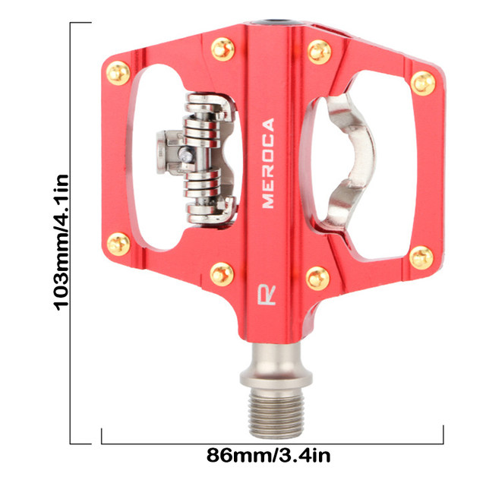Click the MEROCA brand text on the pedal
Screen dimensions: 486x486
click(x=268, y=163)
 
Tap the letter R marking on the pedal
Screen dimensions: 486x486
click(x=267, y=294)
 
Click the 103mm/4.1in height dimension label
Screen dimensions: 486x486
click(x=61, y=242)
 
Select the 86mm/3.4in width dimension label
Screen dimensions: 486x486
click(x=268, y=456)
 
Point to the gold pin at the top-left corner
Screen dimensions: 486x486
click(x=118, y=73)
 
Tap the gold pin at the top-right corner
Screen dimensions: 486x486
click(x=423, y=83)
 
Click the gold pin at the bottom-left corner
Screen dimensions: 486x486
click(x=118, y=244)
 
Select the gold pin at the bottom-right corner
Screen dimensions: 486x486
click(x=421, y=258)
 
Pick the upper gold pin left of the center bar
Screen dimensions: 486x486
click(x=222, y=49)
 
